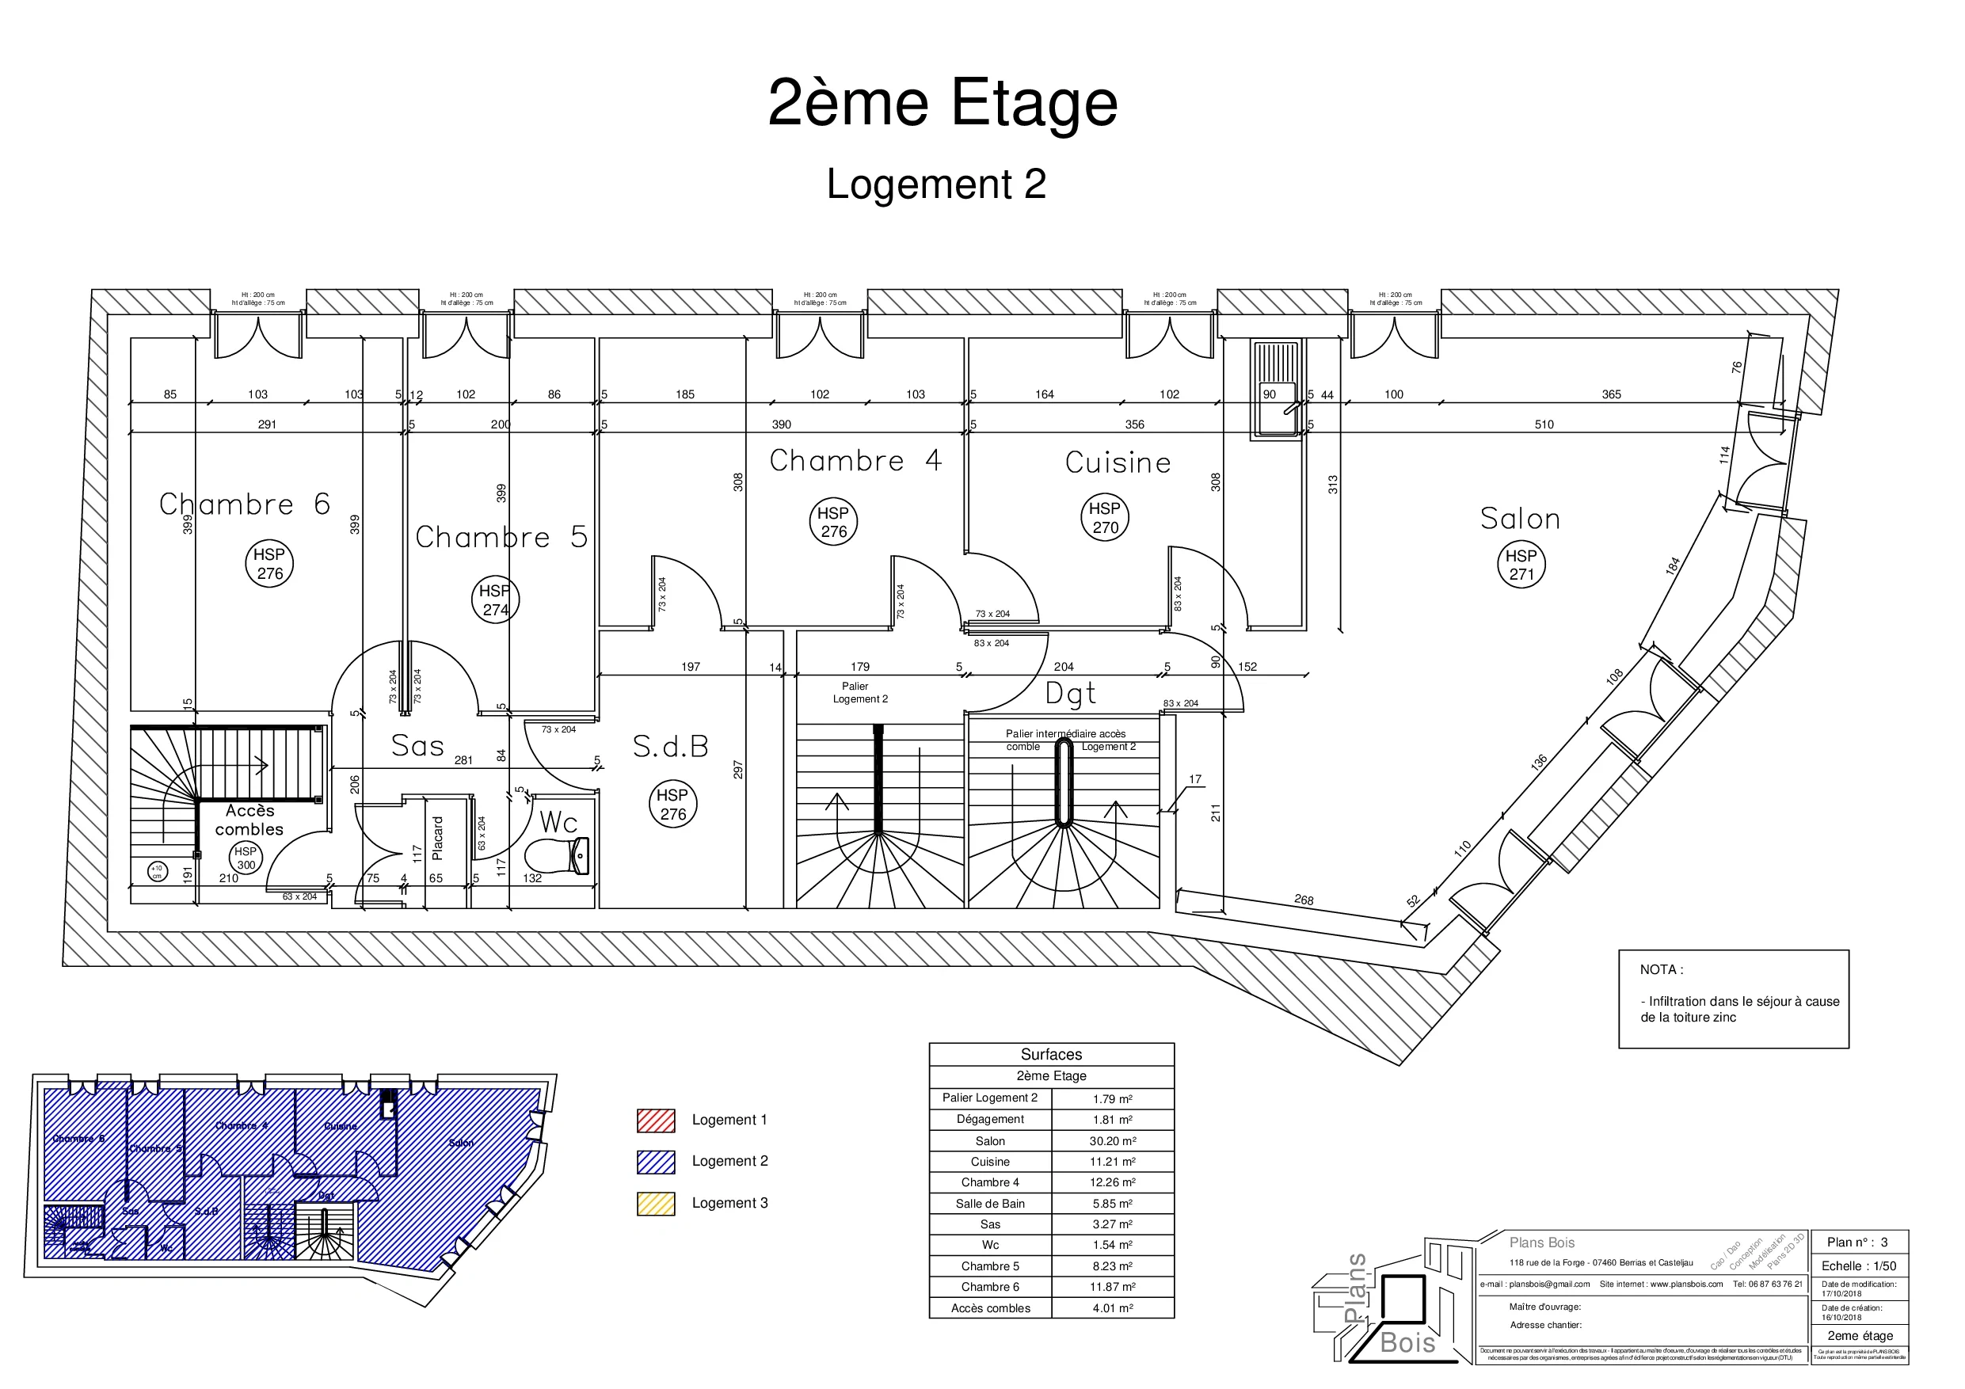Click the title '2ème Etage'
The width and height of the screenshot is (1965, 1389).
point(943,104)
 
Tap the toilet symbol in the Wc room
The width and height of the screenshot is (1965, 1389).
point(557,855)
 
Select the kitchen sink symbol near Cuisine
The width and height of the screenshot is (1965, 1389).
point(1275,390)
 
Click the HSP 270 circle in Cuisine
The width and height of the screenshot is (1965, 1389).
point(1105,518)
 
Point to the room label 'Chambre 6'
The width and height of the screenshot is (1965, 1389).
point(245,504)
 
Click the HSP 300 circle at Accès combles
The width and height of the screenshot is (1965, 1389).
point(246,858)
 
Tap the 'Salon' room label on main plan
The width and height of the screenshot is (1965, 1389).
point(1520,519)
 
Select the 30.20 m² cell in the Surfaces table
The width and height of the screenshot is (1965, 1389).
point(1112,1141)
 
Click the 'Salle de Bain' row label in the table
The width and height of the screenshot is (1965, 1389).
point(990,1203)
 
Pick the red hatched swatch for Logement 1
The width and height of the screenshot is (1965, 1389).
point(656,1121)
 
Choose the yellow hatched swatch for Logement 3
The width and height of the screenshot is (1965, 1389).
point(656,1203)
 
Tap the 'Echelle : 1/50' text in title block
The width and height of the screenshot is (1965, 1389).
point(1858,1265)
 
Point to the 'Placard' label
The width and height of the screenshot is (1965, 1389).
point(438,838)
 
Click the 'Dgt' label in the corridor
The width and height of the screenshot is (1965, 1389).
point(1070,693)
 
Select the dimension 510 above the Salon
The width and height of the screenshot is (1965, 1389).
point(1544,424)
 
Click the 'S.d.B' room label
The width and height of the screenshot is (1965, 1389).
point(670,747)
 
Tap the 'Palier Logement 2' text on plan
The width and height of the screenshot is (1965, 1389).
point(859,692)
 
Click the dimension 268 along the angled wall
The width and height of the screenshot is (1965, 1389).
point(1304,900)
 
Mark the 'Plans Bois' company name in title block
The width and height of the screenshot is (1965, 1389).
point(1541,1242)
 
